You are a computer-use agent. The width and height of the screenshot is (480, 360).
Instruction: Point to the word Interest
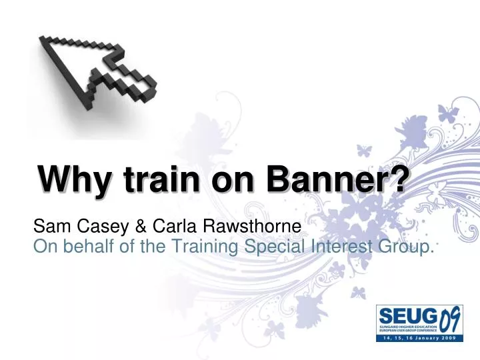tap(329, 247)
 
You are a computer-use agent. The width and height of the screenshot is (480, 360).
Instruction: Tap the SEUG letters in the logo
tap(400, 315)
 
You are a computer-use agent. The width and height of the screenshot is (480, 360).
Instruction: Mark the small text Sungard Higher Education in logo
tap(400, 327)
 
